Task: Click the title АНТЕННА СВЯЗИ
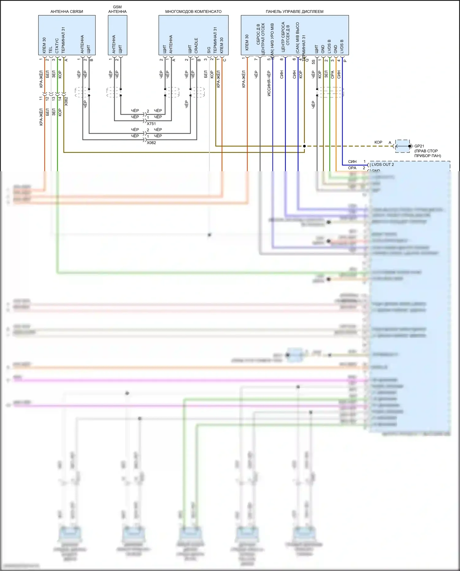click(x=67, y=12)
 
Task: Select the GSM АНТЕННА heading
click(x=117, y=9)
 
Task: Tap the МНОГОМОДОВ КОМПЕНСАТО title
click(x=193, y=12)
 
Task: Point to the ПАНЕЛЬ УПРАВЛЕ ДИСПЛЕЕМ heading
click(x=294, y=12)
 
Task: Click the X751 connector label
click(x=151, y=124)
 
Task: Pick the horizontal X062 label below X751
click(x=151, y=143)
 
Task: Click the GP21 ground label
click(x=419, y=146)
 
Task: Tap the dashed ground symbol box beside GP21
click(x=402, y=146)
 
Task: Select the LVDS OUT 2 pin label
click(x=383, y=164)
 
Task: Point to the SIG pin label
click(x=209, y=50)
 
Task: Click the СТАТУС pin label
click(x=57, y=46)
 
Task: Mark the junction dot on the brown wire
click(x=304, y=146)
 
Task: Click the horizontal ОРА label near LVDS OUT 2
click(x=352, y=168)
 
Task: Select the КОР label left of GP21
click(x=378, y=142)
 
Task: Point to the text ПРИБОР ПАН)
click(x=427, y=156)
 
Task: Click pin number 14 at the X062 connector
click(x=60, y=98)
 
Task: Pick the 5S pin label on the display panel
click(x=313, y=62)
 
